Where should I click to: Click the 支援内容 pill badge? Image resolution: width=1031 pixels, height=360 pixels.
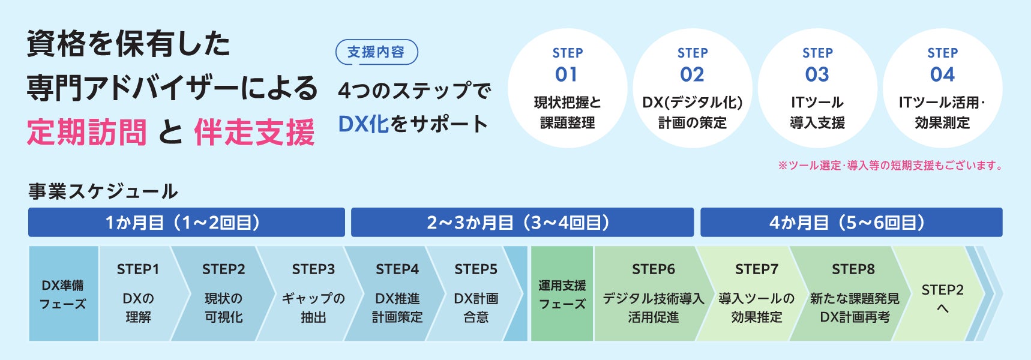click(x=376, y=52)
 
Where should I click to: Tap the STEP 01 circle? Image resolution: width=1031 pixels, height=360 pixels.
click(x=567, y=88)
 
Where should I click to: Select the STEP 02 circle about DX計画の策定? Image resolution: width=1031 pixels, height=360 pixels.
click(x=692, y=88)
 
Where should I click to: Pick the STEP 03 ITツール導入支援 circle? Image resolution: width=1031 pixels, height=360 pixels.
click(x=817, y=88)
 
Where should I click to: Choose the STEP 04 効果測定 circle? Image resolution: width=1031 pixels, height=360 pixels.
click(x=942, y=88)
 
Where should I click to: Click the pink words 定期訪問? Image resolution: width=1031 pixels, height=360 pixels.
click(x=87, y=133)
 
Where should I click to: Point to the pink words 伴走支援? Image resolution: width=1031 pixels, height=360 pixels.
click(x=254, y=133)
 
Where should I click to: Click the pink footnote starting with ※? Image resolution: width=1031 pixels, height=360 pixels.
click(x=891, y=166)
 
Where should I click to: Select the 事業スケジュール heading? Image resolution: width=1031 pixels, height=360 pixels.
click(x=103, y=191)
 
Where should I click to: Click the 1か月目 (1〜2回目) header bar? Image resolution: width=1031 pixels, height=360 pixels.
click(x=186, y=223)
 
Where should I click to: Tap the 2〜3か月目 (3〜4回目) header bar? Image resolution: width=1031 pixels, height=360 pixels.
click(x=522, y=223)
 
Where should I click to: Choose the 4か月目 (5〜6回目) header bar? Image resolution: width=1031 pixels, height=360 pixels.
click(x=851, y=223)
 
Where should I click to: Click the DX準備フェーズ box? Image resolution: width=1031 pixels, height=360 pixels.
click(x=63, y=294)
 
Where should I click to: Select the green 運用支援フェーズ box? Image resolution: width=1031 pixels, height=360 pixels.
click(x=562, y=294)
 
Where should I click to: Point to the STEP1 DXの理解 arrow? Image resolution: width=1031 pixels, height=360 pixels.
click(x=138, y=294)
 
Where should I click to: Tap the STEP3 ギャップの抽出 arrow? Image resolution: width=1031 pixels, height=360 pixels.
click(x=313, y=294)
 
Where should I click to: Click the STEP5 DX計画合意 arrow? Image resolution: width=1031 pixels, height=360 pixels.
click(x=476, y=294)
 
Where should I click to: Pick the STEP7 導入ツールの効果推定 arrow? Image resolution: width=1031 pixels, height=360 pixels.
click(x=756, y=294)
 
